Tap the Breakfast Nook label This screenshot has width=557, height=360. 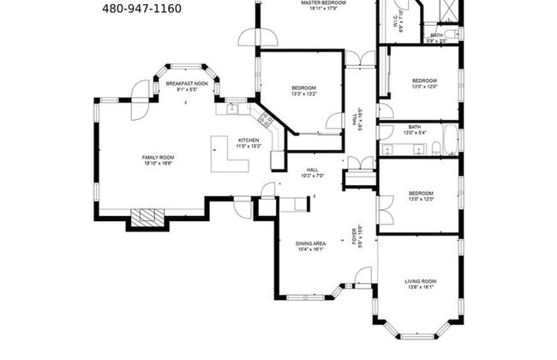tap(187, 84)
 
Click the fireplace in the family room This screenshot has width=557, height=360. tap(143, 218)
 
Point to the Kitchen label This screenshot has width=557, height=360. tap(248, 142)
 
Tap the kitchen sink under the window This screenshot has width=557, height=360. tap(232, 108)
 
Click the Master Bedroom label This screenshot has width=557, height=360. tap(322, 5)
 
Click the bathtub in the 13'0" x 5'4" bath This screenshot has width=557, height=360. tap(450, 140)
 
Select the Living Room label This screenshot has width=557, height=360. tap(420, 283)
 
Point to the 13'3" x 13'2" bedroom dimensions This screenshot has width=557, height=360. tap(303, 94)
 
